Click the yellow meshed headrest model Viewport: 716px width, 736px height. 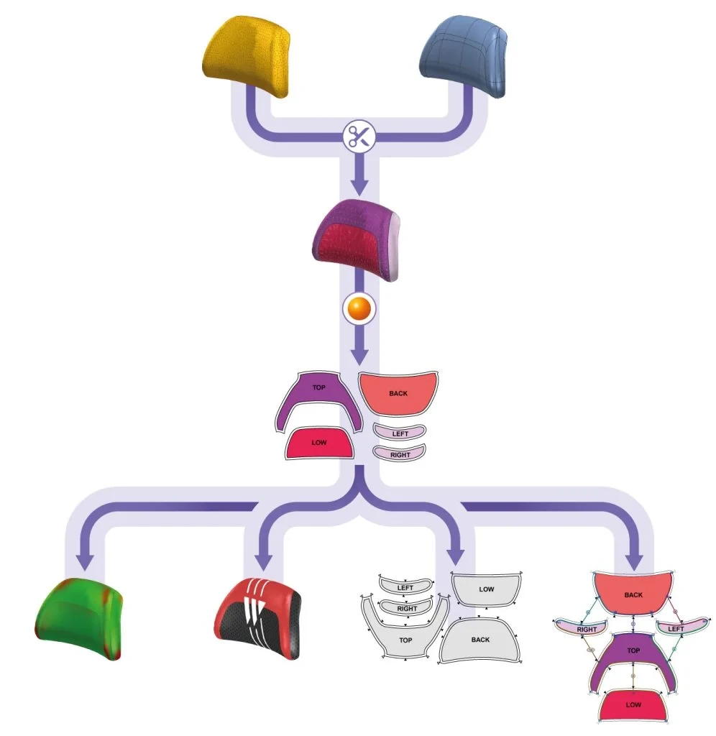[247, 55]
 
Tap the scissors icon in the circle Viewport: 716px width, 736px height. [359, 137]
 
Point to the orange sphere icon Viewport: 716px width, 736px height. [359, 309]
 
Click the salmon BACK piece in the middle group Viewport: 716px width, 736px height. [398, 394]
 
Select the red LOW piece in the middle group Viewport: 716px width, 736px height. [319, 443]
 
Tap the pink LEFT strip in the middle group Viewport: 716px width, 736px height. [400, 432]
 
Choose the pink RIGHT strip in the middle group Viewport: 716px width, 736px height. [400, 453]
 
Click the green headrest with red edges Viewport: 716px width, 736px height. [79, 619]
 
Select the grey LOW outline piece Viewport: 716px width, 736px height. [486, 589]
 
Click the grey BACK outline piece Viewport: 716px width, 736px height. [479, 640]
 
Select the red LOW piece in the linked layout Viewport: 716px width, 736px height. [633, 704]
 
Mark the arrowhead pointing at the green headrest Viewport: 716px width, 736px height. [85, 561]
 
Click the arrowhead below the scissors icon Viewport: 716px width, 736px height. [359, 187]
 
